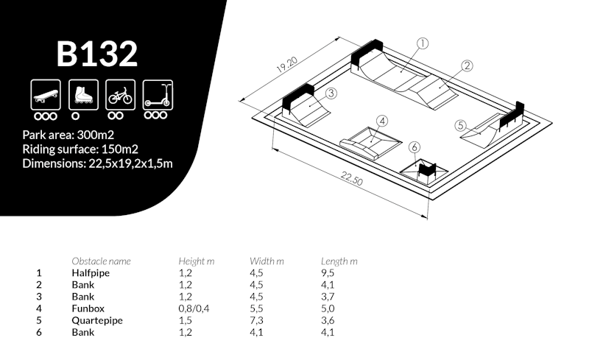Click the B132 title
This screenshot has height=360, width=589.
97,54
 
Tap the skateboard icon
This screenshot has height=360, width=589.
46,95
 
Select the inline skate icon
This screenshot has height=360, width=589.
83,95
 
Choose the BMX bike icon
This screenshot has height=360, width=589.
121,95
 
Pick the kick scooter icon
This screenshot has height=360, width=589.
158,95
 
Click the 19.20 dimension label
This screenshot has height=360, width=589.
287,64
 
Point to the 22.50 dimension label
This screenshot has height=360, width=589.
352,178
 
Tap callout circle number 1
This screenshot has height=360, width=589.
423,43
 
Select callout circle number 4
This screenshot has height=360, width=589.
382,121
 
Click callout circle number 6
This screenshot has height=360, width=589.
414,147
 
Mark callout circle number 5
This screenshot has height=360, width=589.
461,125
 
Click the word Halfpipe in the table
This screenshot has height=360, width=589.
91,273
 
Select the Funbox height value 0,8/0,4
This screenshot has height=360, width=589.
194,309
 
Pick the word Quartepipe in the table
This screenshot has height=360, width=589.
97,320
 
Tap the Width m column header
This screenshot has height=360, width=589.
267,261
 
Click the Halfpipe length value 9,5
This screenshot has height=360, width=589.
328,273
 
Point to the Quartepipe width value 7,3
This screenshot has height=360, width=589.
256,320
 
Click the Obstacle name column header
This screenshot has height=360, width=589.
101,261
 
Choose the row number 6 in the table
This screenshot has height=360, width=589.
39,332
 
